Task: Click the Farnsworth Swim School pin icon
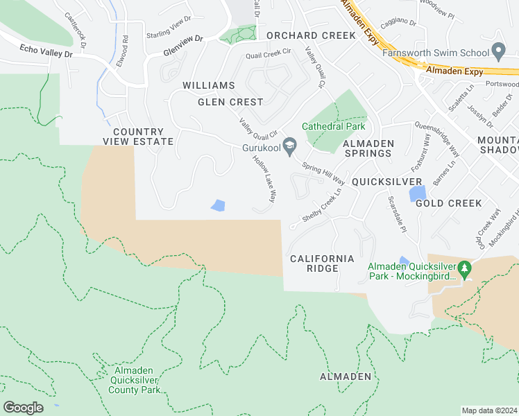497,51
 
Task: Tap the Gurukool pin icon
290,145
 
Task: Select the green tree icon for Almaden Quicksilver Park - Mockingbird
466,267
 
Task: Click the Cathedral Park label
332,126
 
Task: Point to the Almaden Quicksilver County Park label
135,380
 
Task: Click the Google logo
23,407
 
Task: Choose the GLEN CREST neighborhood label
230,102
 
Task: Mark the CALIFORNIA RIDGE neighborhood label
322,263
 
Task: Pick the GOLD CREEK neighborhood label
448,203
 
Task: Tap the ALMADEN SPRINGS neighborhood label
368,148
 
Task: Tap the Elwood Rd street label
125,50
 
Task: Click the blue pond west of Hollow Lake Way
218,205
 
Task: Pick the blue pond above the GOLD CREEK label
417,192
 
